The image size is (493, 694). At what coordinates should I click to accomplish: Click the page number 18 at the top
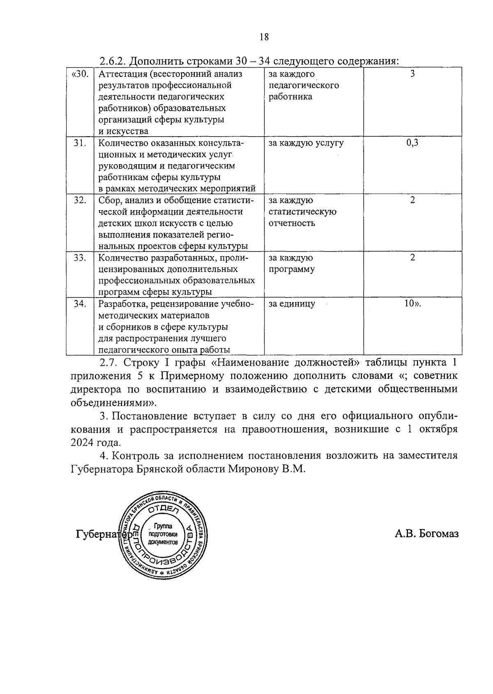[x=264, y=37]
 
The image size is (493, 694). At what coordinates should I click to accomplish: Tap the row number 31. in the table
[x=80, y=143]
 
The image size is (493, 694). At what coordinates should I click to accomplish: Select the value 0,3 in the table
[x=412, y=143]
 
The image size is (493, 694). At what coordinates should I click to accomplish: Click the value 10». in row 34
[x=413, y=304]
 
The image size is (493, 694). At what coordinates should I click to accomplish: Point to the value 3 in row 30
[x=412, y=74]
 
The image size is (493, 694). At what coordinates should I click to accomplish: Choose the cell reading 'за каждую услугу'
[x=306, y=143]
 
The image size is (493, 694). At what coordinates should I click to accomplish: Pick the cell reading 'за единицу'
[x=292, y=304]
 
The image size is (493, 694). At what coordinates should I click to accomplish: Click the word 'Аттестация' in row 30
[x=122, y=74]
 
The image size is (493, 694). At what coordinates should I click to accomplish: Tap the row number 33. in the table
[x=80, y=258]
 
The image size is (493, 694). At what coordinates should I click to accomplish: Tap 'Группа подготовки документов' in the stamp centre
[x=164, y=534]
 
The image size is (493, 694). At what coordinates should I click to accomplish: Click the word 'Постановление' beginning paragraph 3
[x=150, y=416]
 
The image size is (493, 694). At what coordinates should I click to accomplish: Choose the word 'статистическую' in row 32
[x=302, y=212]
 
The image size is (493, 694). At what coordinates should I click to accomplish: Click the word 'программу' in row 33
[x=292, y=269]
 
